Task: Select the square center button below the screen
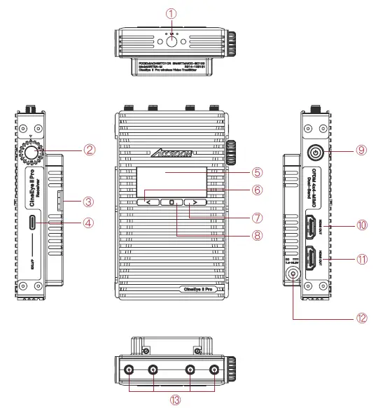[x=172, y=202]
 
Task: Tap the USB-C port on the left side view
[x=33, y=223]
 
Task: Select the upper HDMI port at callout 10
[x=309, y=227]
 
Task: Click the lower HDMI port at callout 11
[x=309, y=258]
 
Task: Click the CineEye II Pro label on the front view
[x=202, y=288]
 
